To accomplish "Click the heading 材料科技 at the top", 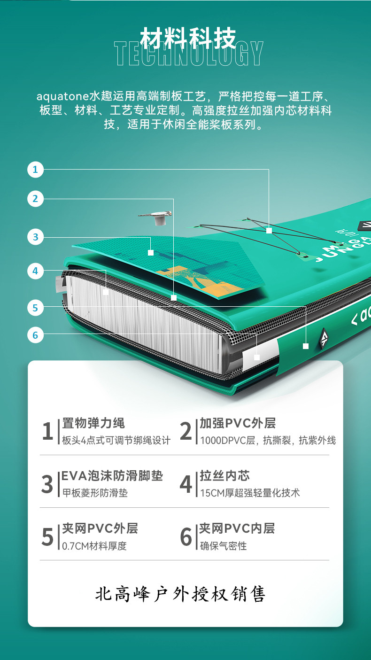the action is pyautogui.click(x=188, y=38).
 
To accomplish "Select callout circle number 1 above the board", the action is pyautogui.click(x=35, y=170).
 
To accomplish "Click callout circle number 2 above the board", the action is pyautogui.click(x=35, y=199).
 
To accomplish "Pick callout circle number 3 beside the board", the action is pyautogui.click(x=35, y=237).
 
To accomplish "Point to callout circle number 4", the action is pyautogui.click(x=35, y=271).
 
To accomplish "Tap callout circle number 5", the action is pyautogui.click(x=35, y=308).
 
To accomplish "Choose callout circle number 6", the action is pyautogui.click(x=35, y=335).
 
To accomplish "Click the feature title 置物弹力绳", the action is pyautogui.click(x=93, y=423).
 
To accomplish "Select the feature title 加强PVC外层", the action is pyautogui.click(x=238, y=423).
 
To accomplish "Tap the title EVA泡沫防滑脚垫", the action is pyautogui.click(x=112, y=476).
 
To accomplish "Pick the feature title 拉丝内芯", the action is pyautogui.click(x=224, y=476).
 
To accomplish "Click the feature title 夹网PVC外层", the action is pyautogui.click(x=100, y=528).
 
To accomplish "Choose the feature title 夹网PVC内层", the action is pyautogui.click(x=237, y=528).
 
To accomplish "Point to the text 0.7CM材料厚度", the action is pyautogui.click(x=94, y=546).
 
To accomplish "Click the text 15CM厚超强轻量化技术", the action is pyautogui.click(x=250, y=493).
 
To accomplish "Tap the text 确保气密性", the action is pyautogui.click(x=223, y=546).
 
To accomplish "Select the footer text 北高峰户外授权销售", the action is pyautogui.click(x=180, y=594).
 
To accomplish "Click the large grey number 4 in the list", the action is pyautogui.click(x=186, y=484).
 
